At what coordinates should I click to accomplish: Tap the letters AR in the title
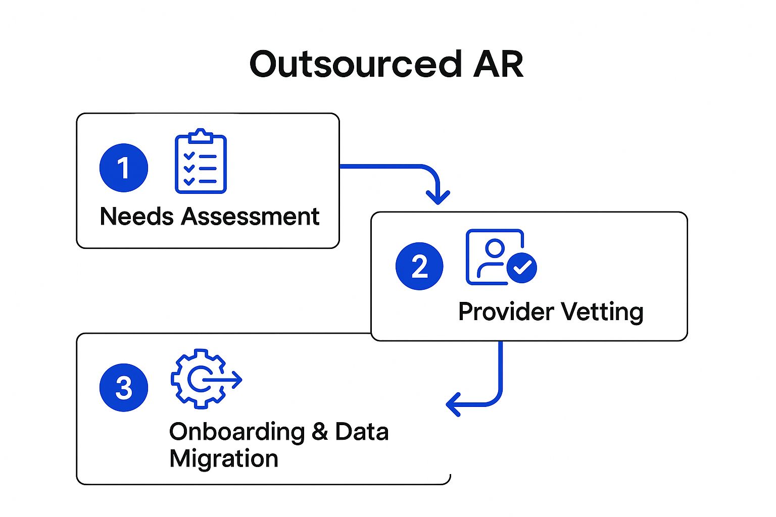pos(498,65)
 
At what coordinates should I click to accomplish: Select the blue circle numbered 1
pos(124,168)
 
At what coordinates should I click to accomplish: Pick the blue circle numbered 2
pos(419,266)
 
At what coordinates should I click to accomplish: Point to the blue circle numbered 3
pos(124,388)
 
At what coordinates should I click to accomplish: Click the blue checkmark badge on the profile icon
pos(521,267)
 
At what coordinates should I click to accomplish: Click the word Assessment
pos(251,217)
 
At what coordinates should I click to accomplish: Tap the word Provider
pos(506,312)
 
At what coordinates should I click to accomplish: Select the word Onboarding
pos(237,432)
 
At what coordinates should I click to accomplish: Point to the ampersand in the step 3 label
pos(320,432)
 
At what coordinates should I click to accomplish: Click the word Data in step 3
pos(362,432)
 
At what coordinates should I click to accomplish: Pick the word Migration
pos(224,459)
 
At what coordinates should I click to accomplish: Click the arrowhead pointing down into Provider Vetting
pos(438,197)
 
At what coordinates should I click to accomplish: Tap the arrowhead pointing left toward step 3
pos(453,404)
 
